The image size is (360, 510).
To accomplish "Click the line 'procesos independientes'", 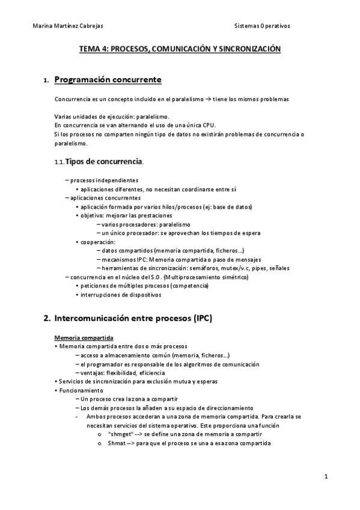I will click(x=104, y=180).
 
